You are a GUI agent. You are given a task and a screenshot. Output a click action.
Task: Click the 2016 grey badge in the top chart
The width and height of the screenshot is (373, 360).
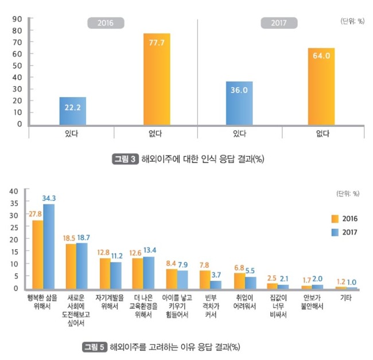point(106,23)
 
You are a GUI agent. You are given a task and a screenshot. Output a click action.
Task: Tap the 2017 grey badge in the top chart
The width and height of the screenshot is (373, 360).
point(279,23)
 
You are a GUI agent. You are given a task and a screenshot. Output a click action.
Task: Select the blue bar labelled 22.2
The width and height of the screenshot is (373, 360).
point(73,111)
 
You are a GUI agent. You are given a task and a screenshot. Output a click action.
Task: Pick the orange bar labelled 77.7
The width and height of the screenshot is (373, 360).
point(157,79)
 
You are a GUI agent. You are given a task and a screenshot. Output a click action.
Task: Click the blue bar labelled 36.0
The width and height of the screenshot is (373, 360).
point(239,103)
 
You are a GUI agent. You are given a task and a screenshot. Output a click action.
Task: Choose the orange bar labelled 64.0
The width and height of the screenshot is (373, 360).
point(321,86)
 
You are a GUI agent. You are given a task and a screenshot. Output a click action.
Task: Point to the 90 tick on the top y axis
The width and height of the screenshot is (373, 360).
point(17,19)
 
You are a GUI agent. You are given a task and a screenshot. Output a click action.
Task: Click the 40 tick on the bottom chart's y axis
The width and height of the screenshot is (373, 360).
point(14,191)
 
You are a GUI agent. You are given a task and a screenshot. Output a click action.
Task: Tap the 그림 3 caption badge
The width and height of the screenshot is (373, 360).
point(125,159)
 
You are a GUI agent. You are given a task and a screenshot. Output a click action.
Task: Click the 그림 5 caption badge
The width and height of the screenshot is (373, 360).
point(95,347)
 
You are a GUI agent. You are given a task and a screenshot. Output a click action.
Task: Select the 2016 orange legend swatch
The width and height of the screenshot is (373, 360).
point(335,219)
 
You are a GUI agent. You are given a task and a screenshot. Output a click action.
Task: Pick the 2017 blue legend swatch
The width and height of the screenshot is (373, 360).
point(335,232)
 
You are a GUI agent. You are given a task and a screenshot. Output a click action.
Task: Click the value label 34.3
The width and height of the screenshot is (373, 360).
point(49,198)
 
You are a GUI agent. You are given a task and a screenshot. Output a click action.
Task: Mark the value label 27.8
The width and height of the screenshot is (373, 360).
point(35,214)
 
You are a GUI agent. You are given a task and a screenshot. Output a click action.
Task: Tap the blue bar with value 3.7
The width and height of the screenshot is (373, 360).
point(216,285)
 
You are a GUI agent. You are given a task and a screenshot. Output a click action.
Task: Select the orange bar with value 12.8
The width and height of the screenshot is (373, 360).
point(105,274)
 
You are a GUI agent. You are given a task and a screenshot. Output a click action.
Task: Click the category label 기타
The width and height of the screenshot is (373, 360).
point(346,297)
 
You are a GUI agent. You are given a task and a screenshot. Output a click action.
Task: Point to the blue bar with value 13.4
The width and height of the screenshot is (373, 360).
point(149,273)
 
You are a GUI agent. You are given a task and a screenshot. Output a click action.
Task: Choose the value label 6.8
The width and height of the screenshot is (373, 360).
point(239,268)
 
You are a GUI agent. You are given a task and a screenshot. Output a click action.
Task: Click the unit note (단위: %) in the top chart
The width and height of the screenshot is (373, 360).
point(352,21)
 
